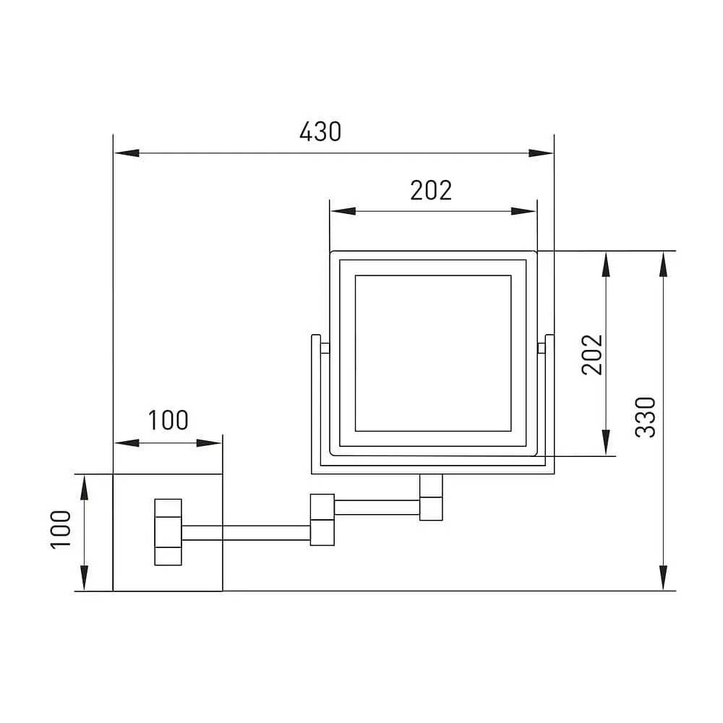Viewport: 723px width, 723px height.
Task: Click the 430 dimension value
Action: pos(320,132)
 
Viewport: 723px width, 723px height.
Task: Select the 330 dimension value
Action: pos(645,417)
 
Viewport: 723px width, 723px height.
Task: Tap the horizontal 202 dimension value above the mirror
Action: pos(431,190)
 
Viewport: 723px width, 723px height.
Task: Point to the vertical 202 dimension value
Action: pos(592,354)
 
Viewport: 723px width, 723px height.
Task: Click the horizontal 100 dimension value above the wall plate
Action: pos(168,420)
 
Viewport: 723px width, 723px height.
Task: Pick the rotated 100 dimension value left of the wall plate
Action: pos(61,529)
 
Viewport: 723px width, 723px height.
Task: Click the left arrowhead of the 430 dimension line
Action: pos(127,153)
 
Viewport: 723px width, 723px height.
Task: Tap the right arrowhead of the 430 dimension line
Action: pos(541,153)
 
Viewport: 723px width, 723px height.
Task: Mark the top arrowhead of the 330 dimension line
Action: pos(663,264)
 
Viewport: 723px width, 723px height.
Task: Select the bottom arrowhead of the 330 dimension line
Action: pos(663,577)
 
